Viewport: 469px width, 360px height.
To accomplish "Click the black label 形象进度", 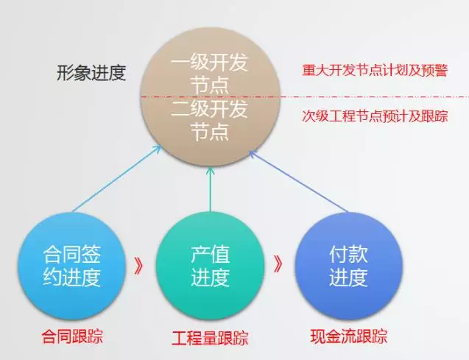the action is click(x=91, y=73).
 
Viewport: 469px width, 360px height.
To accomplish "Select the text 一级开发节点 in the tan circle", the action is click(x=209, y=74).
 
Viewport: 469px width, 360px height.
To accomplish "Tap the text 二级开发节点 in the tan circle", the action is click(x=209, y=120).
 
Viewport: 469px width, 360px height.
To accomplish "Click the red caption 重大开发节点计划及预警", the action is click(x=375, y=71).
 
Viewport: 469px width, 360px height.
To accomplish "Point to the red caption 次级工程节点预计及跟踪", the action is click(x=375, y=116).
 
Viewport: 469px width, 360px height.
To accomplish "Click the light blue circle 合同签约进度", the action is click(x=71, y=266).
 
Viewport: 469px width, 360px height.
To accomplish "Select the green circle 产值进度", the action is click(x=210, y=266).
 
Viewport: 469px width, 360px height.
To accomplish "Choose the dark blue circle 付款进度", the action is click(x=348, y=266).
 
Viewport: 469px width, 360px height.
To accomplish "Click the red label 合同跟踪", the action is click(x=72, y=336).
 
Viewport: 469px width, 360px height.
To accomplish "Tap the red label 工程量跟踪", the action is click(x=210, y=338).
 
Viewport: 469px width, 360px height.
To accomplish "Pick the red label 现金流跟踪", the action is click(x=349, y=336).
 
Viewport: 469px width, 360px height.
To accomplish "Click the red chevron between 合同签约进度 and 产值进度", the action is click(x=138, y=266).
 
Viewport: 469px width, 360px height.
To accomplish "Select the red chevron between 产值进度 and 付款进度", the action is click(x=278, y=264).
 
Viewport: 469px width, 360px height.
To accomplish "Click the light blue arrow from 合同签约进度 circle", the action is click(x=116, y=179).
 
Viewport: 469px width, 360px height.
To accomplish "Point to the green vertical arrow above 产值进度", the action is click(x=210, y=189).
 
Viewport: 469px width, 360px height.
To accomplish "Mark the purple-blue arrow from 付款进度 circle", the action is click(x=298, y=182).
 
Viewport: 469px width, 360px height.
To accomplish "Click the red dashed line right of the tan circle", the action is click(x=375, y=97).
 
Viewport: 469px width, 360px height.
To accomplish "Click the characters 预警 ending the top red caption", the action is click(x=435, y=71).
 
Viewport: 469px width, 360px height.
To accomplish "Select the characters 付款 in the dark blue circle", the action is click(x=348, y=254).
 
